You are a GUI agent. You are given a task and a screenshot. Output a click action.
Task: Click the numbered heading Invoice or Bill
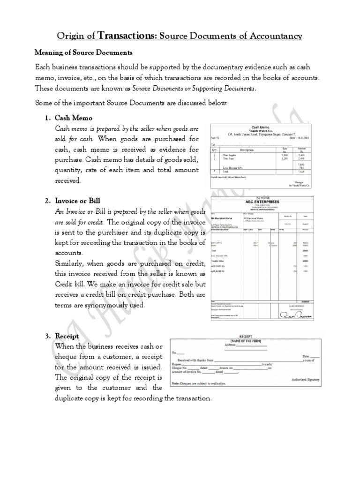click(78, 201)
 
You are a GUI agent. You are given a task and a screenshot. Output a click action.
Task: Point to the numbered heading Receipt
click(67, 336)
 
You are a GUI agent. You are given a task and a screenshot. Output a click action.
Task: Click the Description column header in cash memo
click(246, 150)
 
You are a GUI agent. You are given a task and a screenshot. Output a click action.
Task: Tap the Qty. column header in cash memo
click(216, 150)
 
